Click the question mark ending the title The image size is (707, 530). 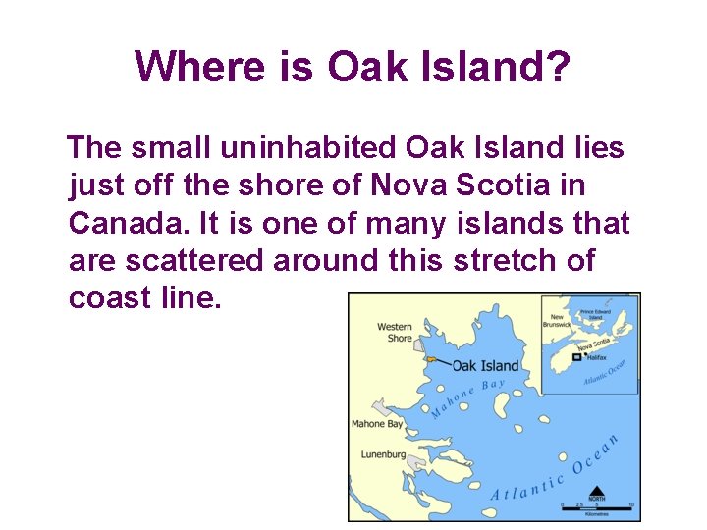tap(558, 67)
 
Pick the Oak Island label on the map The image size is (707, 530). tap(485, 365)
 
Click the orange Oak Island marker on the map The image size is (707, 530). tap(430, 359)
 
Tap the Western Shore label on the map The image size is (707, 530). tap(395, 332)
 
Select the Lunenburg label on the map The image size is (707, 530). tap(384, 454)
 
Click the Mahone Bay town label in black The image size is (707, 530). tap(377, 424)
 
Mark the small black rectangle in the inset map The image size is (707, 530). tap(576, 357)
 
